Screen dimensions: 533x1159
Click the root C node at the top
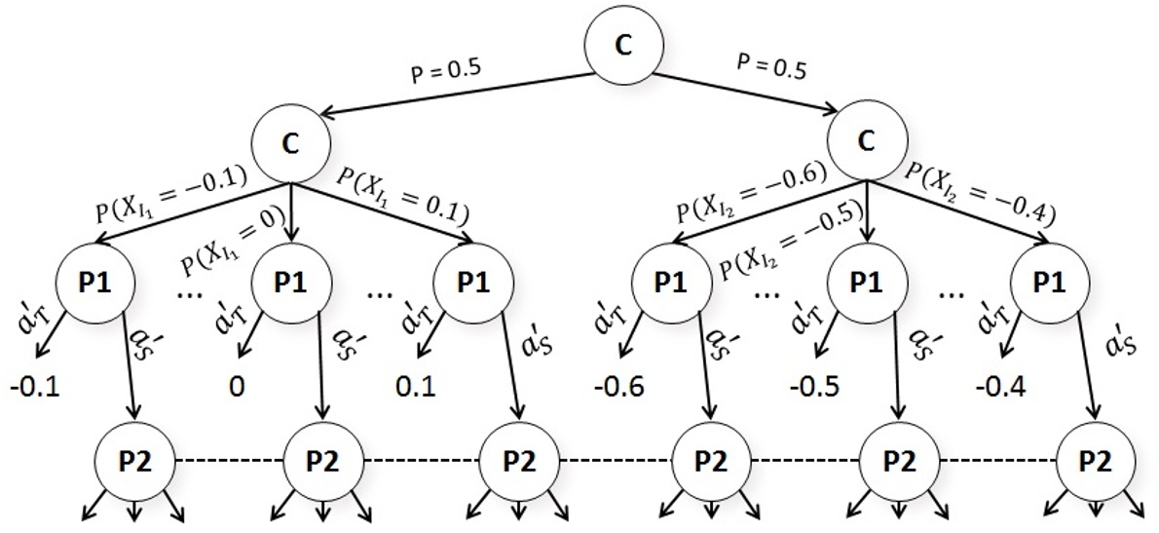coord(624,45)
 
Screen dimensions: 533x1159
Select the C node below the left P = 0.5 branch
coord(290,142)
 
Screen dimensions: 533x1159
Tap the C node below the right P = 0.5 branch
coord(865,142)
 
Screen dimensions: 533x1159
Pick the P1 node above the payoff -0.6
coord(669,282)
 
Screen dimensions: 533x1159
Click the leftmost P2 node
coord(134,459)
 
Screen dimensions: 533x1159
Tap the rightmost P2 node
coord(1098,459)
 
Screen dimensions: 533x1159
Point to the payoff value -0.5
coord(809,387)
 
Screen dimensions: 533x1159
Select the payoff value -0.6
coord(623,387)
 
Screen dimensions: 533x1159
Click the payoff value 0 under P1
coord(236,387)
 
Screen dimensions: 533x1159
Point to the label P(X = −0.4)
coord(982,191)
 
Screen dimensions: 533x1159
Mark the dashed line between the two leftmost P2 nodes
coord(229,459)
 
